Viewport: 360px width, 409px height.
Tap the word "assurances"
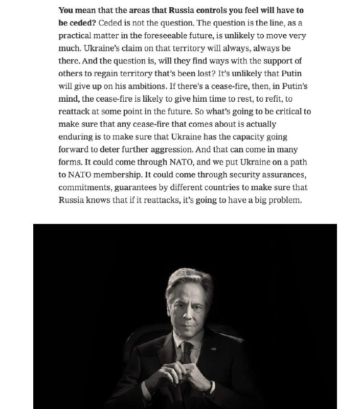[x=282, y=175]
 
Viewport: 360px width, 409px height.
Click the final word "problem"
[x=286, y=200]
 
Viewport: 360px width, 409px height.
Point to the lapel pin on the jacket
[x=210, y=349]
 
